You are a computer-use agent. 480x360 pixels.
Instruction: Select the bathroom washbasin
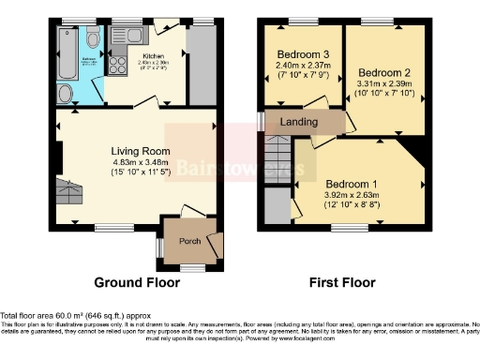(x=65, y=94)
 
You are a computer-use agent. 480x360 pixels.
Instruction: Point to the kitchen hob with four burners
(x=120, y=66)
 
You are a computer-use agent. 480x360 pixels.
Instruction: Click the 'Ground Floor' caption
(x=137, y=282)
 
